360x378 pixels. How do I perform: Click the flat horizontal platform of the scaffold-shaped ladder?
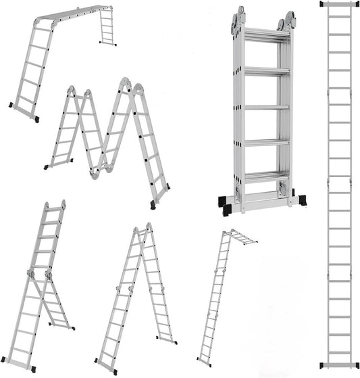(x=71, y=14)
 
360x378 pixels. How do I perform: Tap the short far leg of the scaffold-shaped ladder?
(x=107, y=27)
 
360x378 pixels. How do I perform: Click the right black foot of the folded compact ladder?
(x=300, y=202)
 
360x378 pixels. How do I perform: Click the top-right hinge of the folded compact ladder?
(x=288, y=18)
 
